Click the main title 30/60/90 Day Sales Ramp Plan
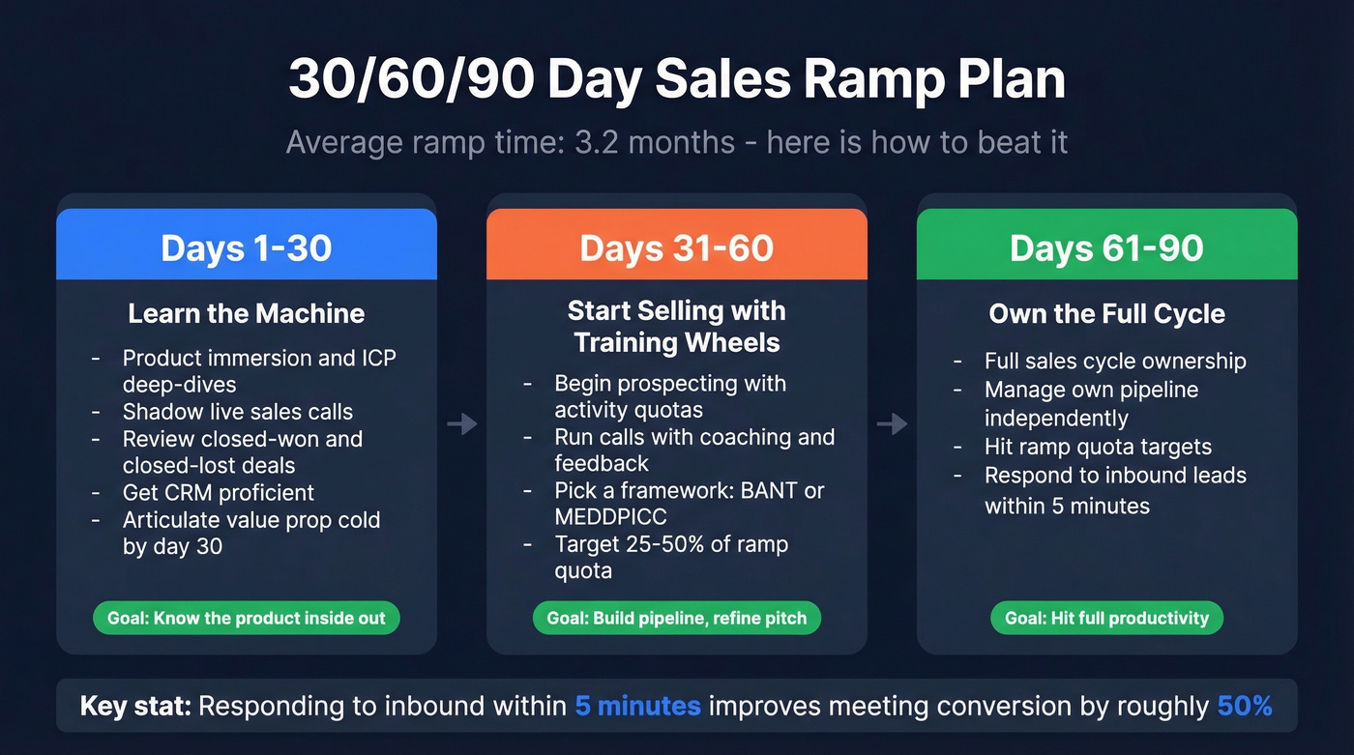[676, 79]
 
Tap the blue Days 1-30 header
[247, 247]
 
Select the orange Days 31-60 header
[676, 247]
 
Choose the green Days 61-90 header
[1106, 247]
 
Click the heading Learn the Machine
[247, 313]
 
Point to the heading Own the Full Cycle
[1106, 313]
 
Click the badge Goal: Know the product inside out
[247, 618]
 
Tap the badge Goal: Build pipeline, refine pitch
[676, 618]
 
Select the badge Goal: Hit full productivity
[1106, 618]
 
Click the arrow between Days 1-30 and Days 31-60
[461, 423]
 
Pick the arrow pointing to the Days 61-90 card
[892, 423]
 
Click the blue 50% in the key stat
[1245, 706]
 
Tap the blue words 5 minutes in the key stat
[637, 706]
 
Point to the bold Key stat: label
[135, 706]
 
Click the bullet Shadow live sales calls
[237, 412]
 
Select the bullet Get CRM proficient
[218, 493]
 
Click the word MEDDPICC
[610, 517]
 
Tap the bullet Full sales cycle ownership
[1115, 362]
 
